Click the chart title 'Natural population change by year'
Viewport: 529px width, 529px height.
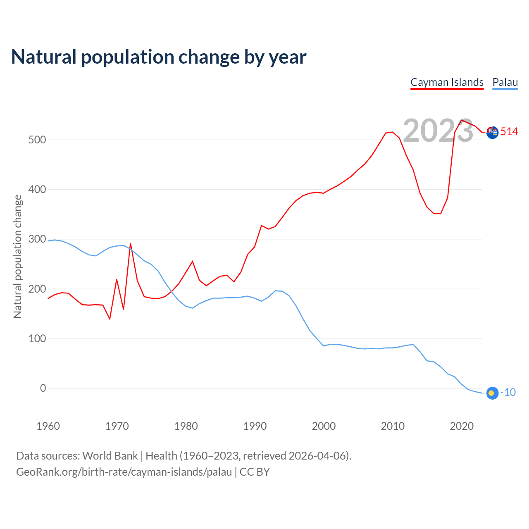coord(159,57)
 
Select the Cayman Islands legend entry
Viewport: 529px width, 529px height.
coord(447,82)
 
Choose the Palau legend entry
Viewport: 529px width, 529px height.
coord(505,82)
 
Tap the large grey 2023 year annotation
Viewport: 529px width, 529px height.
coord(438,131)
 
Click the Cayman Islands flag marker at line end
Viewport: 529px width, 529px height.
coord(492,132)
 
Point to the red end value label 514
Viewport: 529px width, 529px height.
coord(509,132)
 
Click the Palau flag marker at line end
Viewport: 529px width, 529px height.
coord(492,393)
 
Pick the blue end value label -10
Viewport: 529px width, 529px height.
coord(508,393)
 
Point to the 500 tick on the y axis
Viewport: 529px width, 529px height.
coord(37,140)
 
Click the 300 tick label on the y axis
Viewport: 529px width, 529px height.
coord(37,239)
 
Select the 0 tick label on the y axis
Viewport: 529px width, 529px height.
coord(43,388)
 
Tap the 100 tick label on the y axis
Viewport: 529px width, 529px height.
coord(37,339)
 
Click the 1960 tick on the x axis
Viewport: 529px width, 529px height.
coord(48,426)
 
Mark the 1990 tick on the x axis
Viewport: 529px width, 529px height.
coord(255,426)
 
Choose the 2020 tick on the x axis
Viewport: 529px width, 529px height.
coord(462,426)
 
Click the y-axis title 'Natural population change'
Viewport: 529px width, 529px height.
coord(18,257)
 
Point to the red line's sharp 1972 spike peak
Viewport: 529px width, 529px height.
coord(130,243)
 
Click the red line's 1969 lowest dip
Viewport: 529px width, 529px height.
coord(110,319)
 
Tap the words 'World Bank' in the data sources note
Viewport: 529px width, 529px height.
coord(110,456)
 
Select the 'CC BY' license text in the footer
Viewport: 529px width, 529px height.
coord(255,472)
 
